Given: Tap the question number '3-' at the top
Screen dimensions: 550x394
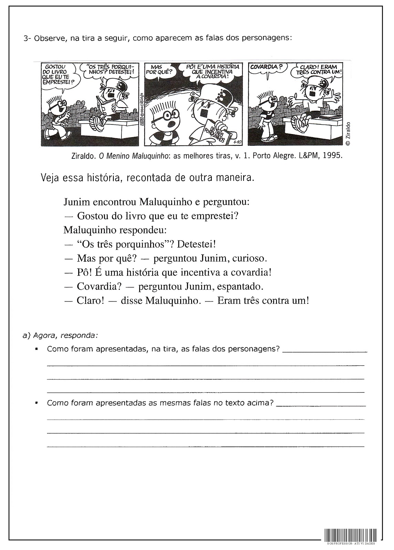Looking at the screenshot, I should (x=28, y=38).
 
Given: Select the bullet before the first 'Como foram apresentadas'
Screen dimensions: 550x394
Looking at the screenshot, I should (x=36, y=349).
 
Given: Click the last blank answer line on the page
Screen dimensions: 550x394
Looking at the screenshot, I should (x=205, y=447).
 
